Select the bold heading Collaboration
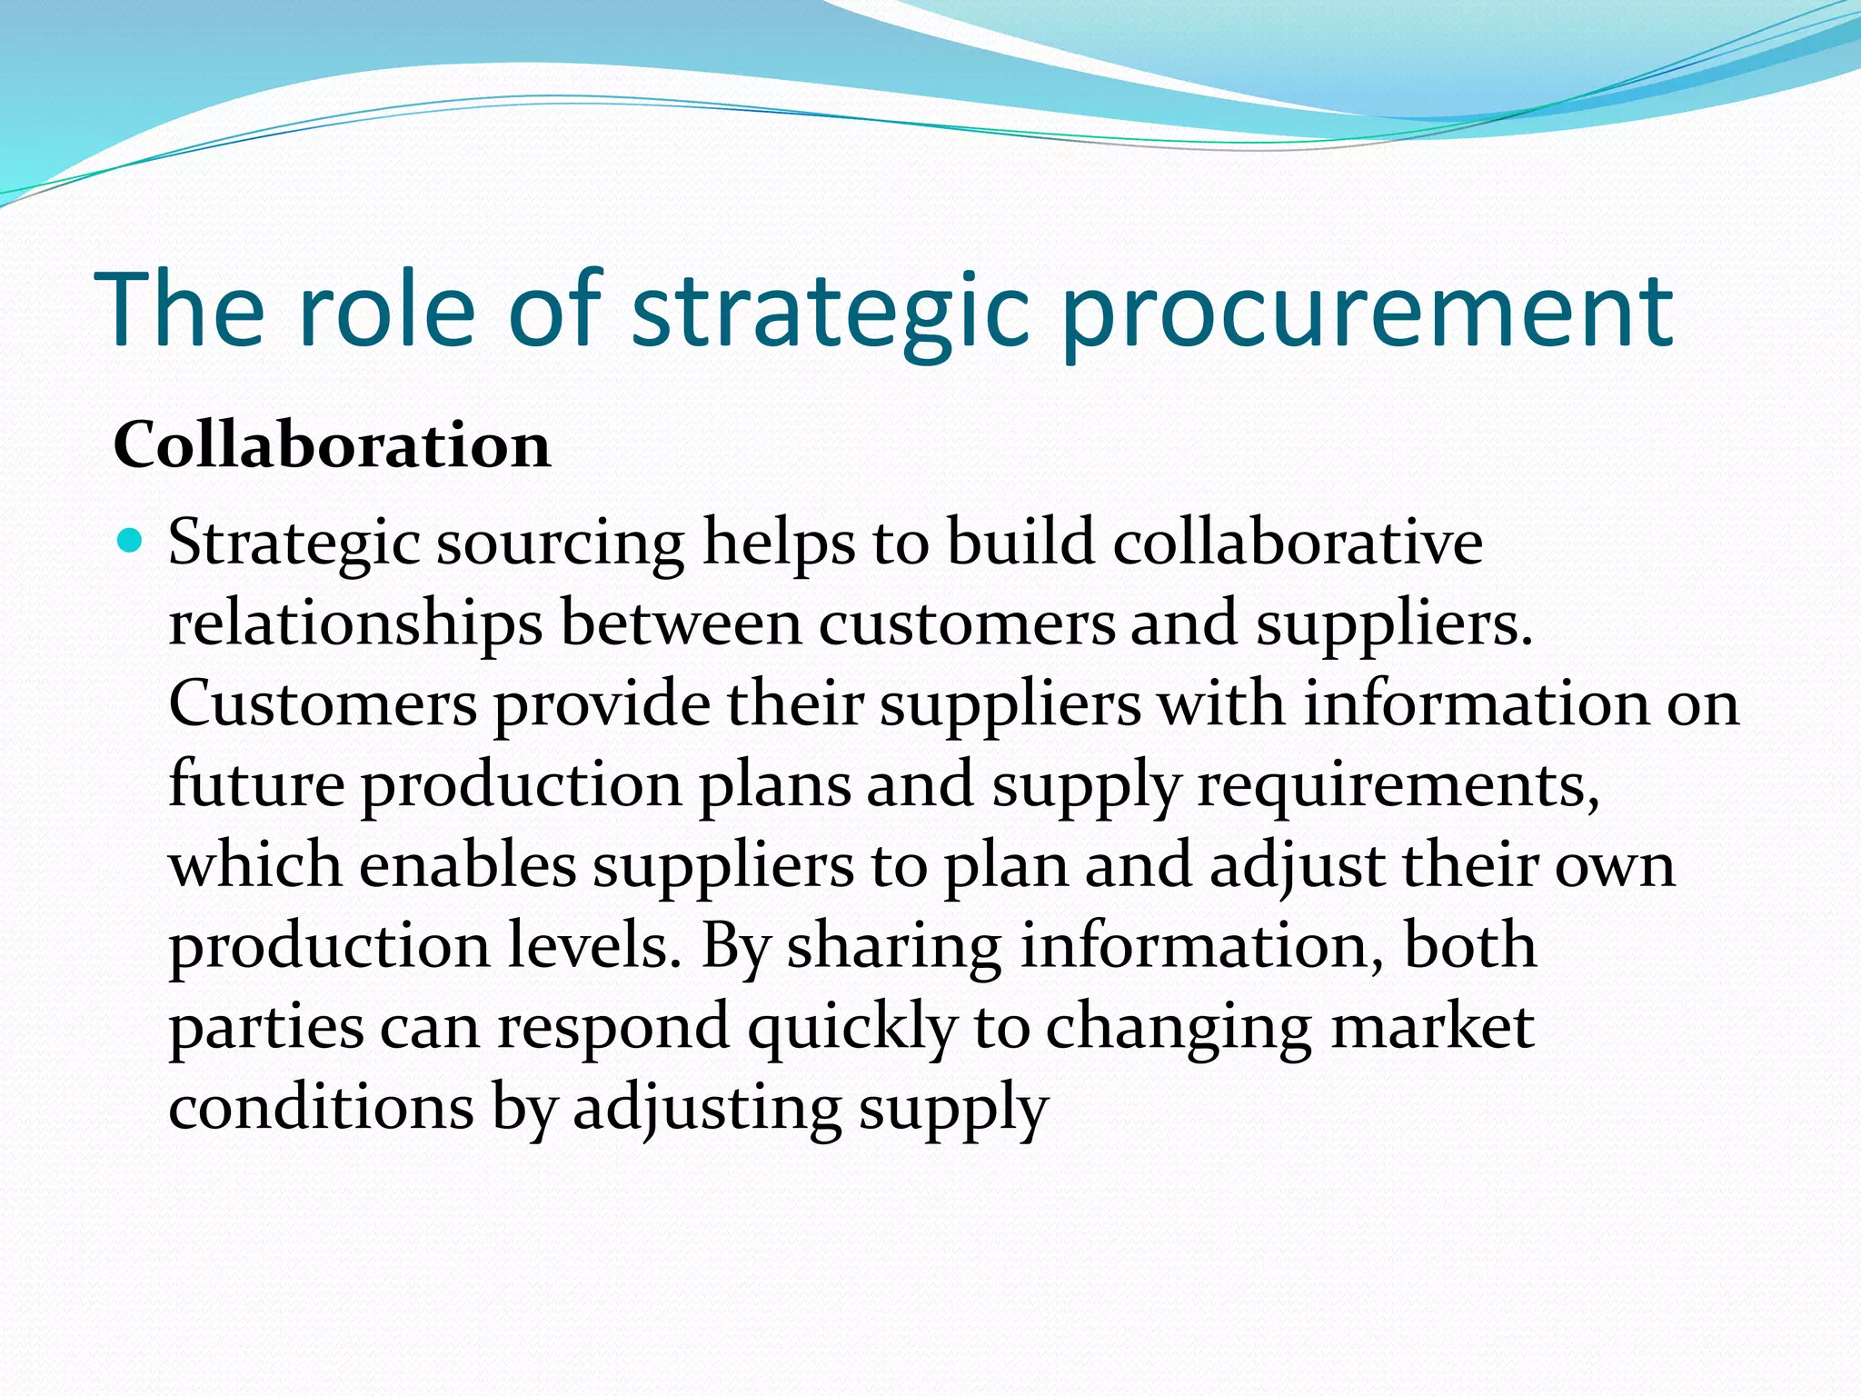(x=332, y=445)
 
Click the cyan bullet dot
(x=131, y=542)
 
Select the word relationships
(x=355, y=625)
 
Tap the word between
(x=681, y=623)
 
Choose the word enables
(x=468, y=864)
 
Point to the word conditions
(x=321, y=1107)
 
